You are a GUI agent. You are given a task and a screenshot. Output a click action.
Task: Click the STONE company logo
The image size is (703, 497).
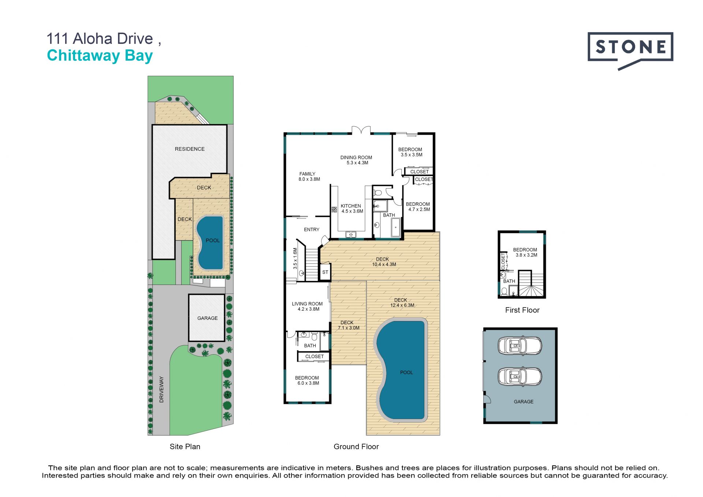point(630,51)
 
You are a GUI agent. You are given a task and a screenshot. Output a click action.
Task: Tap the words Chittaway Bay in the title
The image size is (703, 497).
point(100,56)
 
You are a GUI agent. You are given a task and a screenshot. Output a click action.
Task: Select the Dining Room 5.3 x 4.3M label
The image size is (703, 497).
point(356,160)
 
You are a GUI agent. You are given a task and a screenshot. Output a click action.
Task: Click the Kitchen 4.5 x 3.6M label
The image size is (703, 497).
point(351,208)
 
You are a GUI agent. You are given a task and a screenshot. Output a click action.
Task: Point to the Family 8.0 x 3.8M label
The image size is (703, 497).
point(309,176)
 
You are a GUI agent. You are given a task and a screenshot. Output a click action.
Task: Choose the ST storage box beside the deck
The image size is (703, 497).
point(325,272)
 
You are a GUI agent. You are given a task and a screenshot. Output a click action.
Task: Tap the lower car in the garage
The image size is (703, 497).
point(520,376)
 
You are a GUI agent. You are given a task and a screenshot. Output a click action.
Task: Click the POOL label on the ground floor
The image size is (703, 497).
point(406,372)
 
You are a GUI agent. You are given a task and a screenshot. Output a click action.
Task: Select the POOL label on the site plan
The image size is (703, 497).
point(213,240)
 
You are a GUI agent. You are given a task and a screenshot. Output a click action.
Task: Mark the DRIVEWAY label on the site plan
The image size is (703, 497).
point(161,389)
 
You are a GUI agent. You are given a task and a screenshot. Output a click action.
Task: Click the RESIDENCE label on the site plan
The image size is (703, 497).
point(190,149)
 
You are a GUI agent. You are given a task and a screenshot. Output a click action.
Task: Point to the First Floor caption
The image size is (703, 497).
point(522,310)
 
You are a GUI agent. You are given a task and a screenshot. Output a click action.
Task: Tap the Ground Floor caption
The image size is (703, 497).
point(356,446)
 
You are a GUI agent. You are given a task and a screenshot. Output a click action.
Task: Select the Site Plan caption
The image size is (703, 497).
point(185,446)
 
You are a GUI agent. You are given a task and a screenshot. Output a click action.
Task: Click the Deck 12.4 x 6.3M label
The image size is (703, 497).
point(402,302)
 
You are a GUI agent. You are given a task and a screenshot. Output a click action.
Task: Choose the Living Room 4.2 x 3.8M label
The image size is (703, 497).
point(307,306)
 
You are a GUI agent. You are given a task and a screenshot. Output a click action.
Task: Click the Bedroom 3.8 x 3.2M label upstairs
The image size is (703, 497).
point(525,252)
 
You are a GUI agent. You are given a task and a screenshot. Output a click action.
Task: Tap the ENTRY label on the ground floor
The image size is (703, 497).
point(312,229)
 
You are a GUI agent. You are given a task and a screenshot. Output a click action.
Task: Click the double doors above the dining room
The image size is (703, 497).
point(361,130)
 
